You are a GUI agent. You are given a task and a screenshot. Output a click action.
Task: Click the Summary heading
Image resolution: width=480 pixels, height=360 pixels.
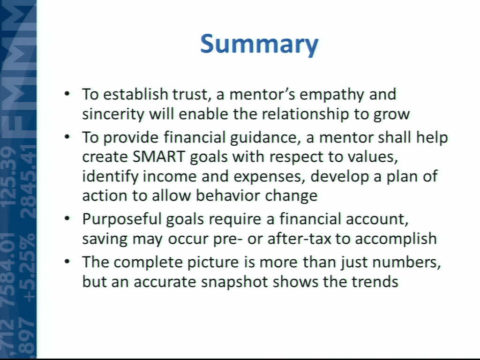click(259, 45)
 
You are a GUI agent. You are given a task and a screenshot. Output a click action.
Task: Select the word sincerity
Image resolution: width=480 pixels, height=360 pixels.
click(113, 114)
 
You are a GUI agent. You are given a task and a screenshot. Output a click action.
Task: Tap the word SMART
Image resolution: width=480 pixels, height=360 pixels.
click(158, 157)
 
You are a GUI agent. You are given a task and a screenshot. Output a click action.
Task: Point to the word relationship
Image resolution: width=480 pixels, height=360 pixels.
click(305, 114)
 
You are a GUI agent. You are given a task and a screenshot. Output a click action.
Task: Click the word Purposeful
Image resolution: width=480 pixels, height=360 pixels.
click(121, 220)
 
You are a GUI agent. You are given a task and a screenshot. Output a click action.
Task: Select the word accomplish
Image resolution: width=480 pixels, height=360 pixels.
click(396, 239)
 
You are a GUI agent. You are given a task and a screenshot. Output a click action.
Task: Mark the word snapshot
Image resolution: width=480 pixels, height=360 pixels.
click(234, 282)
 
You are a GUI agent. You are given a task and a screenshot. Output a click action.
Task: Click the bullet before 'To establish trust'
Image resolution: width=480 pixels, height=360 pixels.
click(67, 93)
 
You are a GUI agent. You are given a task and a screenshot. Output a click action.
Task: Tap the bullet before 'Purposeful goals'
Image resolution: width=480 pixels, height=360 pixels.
click(67, 218)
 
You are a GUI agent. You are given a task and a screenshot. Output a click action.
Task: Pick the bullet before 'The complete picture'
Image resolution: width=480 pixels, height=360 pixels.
click(67, 262)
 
